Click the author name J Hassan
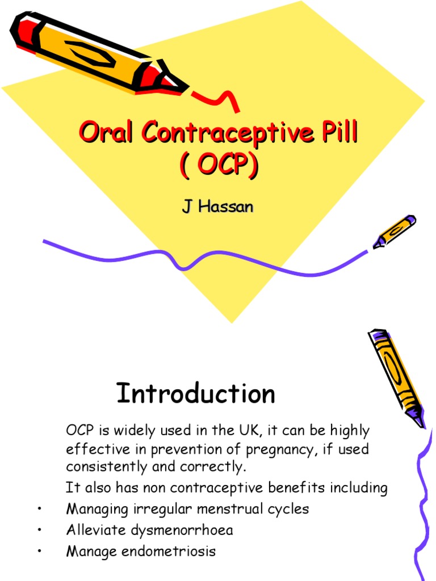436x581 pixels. pyautogui.click(x=217, y=207)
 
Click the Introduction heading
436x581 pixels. pyautogui.click(x=196, y=393)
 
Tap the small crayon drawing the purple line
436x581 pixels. pyautogui.click(x=395, y=231)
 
